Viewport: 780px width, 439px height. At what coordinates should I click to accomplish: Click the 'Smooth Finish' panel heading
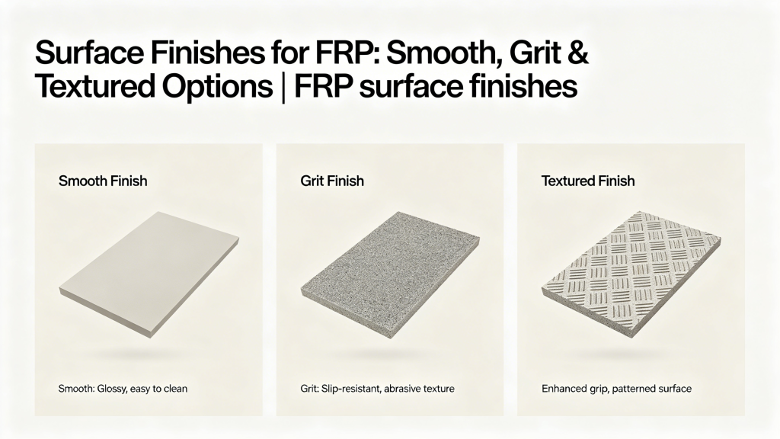(103, 181)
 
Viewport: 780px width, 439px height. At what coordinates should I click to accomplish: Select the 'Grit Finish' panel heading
(333, 181)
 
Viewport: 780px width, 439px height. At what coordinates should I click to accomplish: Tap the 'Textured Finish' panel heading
(587, 181)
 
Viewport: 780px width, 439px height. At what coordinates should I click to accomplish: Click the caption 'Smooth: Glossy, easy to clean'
(123, 389)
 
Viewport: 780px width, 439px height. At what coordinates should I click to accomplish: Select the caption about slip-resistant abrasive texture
(377, 389)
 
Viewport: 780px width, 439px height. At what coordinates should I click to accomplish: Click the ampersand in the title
(577, 57)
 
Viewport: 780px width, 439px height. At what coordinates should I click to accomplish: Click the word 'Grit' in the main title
(530, 57)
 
